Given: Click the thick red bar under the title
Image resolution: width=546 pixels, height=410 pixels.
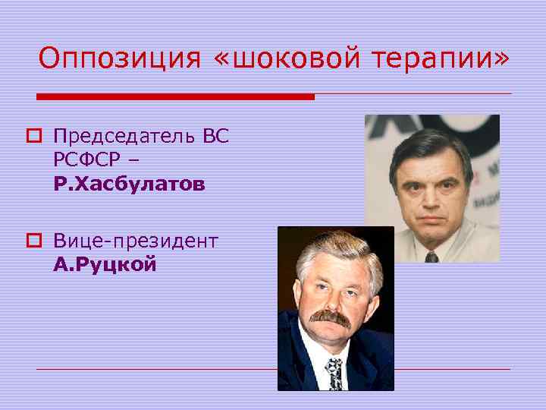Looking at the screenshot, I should coord(175,97).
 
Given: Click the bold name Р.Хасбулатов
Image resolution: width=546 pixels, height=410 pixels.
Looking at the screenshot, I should coord(129,184).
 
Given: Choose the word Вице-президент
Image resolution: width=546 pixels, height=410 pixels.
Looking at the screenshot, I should coord(136,241).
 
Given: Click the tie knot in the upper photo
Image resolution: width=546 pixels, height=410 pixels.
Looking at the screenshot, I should coord(431,256).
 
